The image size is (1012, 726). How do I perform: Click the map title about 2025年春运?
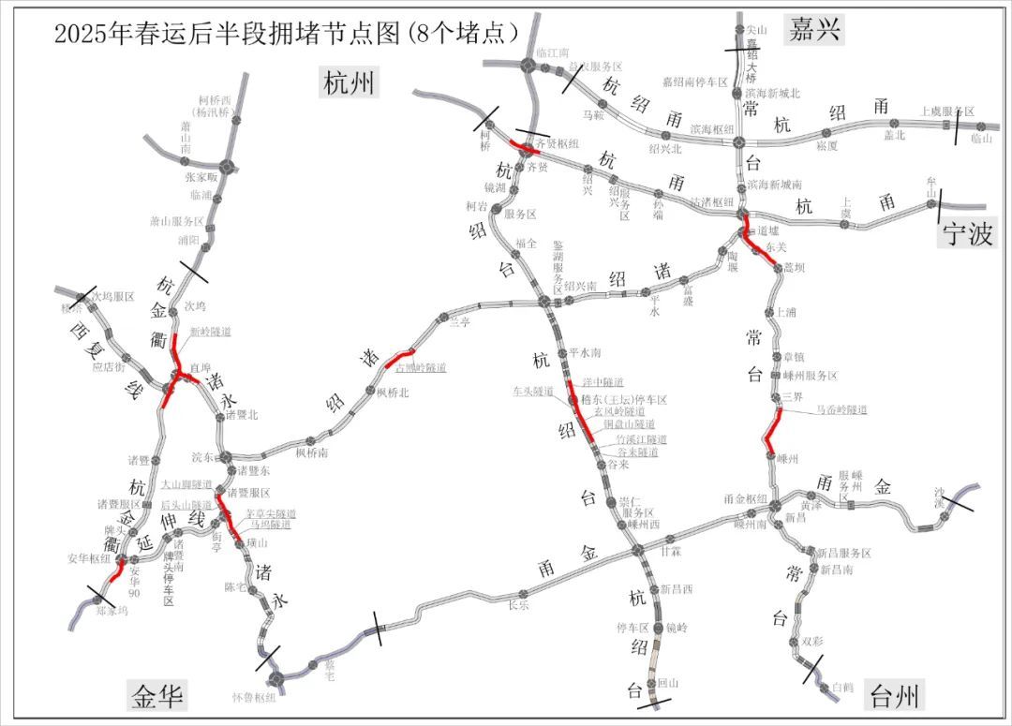pyautogui.click(x=286, y=34)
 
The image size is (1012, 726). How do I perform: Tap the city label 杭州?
pyautogui.click(x=349, y=83)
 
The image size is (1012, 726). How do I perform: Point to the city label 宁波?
pyautogui.click(x=968, y=234)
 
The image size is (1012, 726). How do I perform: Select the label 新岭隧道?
pyautogui.click(x=210, y=332)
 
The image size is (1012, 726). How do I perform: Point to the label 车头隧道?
pyautogui.click(x=533, y=391)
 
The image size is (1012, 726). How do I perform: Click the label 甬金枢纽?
pyautogui.click(x=746, y=497)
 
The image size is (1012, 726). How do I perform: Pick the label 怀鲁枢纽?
pyautogui.click(x=254, y=697)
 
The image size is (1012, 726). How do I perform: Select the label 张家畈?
pyautogui.click(x=201, y=176)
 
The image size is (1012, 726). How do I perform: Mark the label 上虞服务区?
pyautogui.click(x=949, y=111)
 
